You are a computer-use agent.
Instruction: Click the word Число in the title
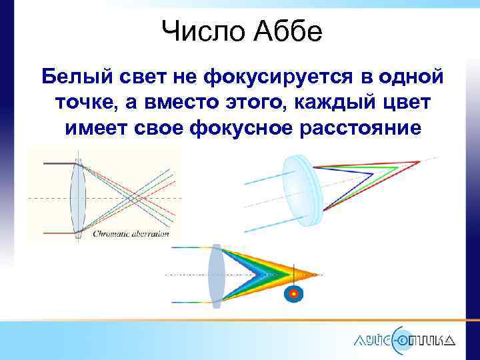click(195, 31)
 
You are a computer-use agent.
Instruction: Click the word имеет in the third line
click(96, 129)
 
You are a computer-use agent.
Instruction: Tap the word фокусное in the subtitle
click(241, 129)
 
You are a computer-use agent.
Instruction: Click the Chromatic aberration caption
click(131, 234)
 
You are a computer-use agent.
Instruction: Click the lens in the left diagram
click(79, 197)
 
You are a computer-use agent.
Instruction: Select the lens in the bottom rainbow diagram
click(215, 273)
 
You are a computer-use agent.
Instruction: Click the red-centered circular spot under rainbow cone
click(293, 293)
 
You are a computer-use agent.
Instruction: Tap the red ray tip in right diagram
click(419, 162)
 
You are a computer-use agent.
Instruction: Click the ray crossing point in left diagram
click(133, 198)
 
